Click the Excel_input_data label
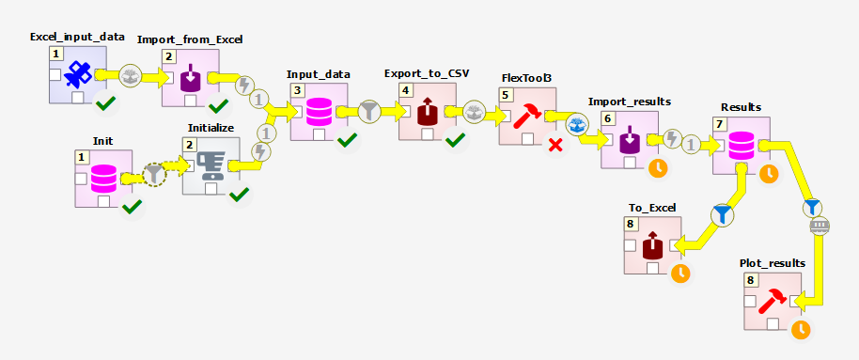tap(77, 37)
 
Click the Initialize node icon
tap(211, 165)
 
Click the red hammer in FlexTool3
tap(527, 117)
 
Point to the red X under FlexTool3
tap(556, 145)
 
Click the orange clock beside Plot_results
tap(801, 329)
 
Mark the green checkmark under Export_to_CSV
tap(456, 140)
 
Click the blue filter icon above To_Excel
tap(721, 215)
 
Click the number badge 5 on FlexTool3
tap(507, 95)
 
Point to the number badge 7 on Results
tap(720, 124)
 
